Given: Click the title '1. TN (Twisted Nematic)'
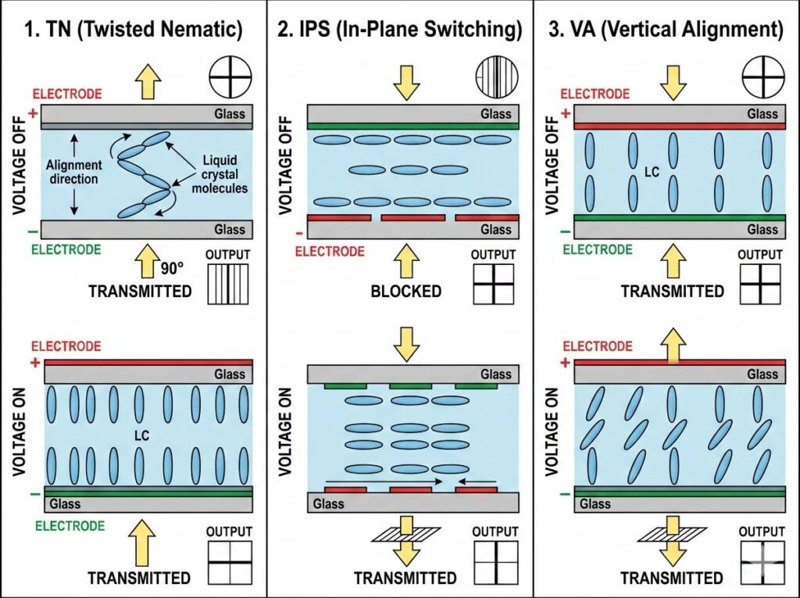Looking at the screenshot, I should point(132,30).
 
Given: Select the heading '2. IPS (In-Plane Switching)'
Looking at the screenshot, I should point(399,30).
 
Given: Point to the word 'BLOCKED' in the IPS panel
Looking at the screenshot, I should point(405,292).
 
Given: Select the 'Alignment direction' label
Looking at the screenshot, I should point(73,172).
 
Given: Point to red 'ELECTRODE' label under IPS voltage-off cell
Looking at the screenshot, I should point(329,252).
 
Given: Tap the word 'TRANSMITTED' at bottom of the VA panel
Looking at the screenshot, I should point(672,578).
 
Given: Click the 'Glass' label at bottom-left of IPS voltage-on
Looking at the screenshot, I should point(329,503).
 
